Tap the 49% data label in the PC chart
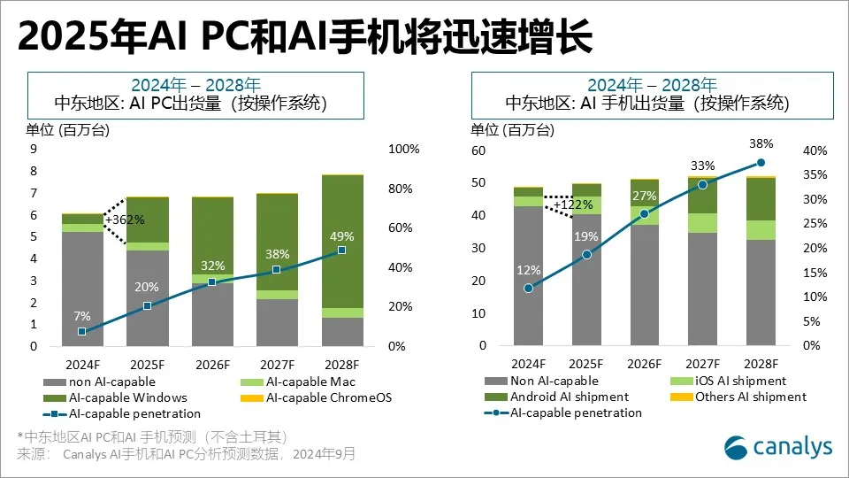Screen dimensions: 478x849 (x=341, y=236)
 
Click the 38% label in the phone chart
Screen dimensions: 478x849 (x=761, y=143)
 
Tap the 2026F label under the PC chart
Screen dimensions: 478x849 (x=213, y=364)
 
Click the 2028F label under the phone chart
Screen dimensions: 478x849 (x=760, y=363)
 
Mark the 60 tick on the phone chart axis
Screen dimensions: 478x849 (x=478, y=150)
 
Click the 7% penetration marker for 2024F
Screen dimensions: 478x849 (x=81, y=332)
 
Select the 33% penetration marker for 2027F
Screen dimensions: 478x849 (x=702, y=185)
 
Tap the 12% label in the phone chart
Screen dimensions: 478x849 (x=528, y=269)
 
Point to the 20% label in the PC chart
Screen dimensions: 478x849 (x=147, y=287)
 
